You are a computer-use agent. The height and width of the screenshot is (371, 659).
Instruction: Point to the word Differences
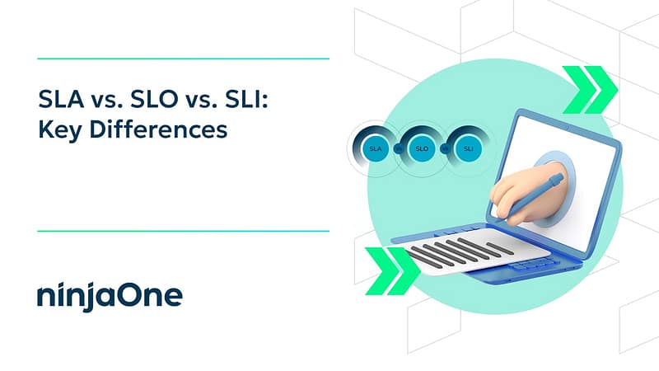pyautogui.click(x=158, y=129)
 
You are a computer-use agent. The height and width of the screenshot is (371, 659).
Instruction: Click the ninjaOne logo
pyautogui.click(x=110, y=296)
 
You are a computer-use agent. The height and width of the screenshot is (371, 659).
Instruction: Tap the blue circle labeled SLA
pyautogui.click(x=376, y=148)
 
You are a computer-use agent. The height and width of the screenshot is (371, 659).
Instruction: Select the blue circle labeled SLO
pyautogui.click(x=422, y=148)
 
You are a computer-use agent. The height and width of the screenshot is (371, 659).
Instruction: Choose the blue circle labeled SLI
pyautogui.click(x=468, y=148)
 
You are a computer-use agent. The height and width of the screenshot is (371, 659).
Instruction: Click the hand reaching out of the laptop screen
pyautogui.click(x=530, y=193)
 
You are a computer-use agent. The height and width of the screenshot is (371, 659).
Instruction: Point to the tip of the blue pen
pyautogui.click(x=497, y=219)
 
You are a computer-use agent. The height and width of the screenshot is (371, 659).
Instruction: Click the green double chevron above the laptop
pyautogui.click(x=590, y=90)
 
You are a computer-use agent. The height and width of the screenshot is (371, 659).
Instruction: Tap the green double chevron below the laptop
pyautogui.click(x=393, y=271)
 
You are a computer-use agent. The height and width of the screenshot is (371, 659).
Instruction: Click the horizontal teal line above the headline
pyautogui.click(x=183, y=59)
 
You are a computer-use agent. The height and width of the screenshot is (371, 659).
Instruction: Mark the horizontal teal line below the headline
pyautogui.click(x=183, y=231)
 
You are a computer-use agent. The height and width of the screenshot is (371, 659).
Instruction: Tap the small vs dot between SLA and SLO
pyautogui.click(x=399, y=148)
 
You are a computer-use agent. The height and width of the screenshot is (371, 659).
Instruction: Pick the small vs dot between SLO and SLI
pyautogui.click(x=445, y=148)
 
